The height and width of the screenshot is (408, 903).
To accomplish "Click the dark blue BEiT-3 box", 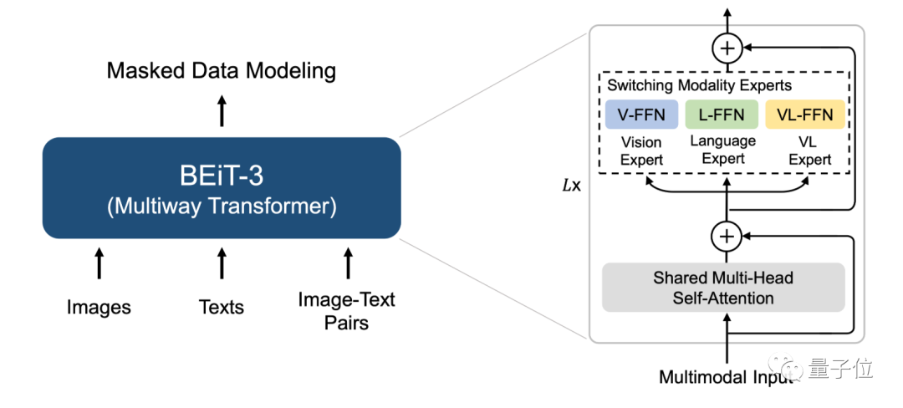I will [x=222, y=187].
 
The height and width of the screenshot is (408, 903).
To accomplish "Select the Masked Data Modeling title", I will [x=222, y=70].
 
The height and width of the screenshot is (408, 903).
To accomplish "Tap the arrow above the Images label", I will [x=99, y=263].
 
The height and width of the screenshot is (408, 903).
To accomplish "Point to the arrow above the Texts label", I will [x=222, y=263].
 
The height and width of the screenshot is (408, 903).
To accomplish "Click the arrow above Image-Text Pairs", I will [x=347, y=263].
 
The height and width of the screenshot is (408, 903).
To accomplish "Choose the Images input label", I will [x=99, y=307].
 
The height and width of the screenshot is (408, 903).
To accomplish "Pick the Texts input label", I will [x=222, y=307].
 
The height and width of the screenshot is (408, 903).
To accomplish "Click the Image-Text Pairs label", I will [x=347, y=309].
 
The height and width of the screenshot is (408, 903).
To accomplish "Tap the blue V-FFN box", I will [x=642, y=115].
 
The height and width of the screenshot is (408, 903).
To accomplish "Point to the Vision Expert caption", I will [x=642, y=150].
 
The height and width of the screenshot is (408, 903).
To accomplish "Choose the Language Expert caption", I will [x=722, y=149].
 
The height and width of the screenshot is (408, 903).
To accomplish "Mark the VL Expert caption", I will [x=809, y=150].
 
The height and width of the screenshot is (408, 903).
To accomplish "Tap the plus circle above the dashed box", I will [x=727, y=48].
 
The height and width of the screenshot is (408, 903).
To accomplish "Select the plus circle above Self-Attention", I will [x=727, y=237].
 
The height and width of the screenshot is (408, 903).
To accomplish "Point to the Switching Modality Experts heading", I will [x=699, y=85].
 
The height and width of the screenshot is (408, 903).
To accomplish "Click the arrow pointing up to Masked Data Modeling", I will [x=222, y=110].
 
